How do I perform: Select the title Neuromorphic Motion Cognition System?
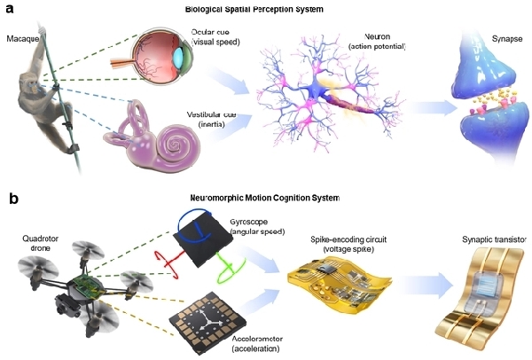pyautogui.click(x=265, y=198)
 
